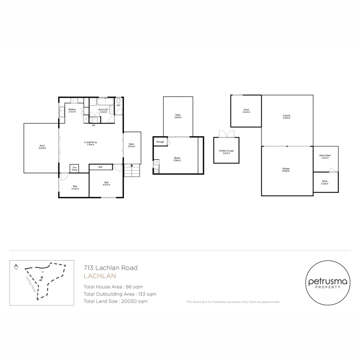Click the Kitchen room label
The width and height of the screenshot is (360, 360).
click(x=72, y=111)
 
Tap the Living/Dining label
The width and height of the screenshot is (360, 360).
click(x=90, y=144)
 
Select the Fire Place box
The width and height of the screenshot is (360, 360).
click(x=74, y=169)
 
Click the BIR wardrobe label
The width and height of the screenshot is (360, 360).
click(x=100, y=167)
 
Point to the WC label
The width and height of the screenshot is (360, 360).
click(x=118, y=106)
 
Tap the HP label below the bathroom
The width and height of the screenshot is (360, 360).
click(x=94, y=126)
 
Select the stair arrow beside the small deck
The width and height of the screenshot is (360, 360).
click(x=132, y=166)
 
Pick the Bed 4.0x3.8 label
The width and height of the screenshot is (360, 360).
click(x=107, y=183)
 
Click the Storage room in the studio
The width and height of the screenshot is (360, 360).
click(x=160, y=142)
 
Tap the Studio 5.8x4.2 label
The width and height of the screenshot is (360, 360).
click(x=177, y=159)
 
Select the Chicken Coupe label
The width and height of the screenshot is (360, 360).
click(x=226, y=152)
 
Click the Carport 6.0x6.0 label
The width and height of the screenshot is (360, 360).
click(x=286, y=117)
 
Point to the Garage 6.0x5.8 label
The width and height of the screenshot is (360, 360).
click(x=286, y=170)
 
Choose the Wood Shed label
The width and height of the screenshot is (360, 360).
click(x=325, y=157)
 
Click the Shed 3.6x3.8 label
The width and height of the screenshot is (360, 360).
click(x=246, y=111)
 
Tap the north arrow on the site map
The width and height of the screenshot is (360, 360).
click(x=16, y=267)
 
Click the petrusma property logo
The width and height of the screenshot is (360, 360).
click(x=328, y=283)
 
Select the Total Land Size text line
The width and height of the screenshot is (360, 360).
click(x=116, y=301)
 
